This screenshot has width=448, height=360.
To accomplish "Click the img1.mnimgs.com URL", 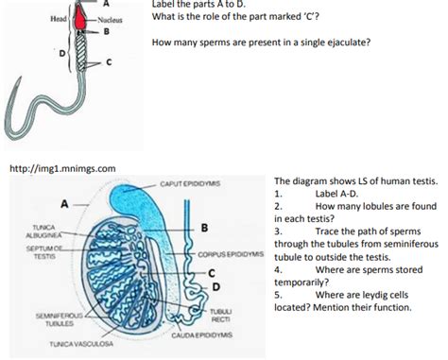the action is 60,168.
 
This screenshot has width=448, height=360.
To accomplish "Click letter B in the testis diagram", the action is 203,227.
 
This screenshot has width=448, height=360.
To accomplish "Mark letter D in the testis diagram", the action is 216,285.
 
